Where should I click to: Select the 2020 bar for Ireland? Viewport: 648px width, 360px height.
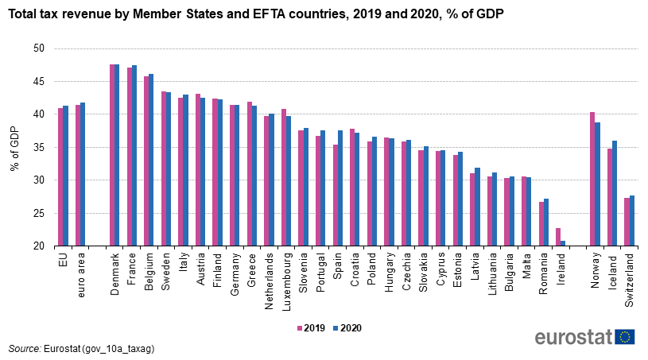563,243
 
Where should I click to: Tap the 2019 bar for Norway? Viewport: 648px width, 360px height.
592,179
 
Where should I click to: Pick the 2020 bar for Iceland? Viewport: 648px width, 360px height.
615,193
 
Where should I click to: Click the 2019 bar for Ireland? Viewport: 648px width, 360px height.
558,237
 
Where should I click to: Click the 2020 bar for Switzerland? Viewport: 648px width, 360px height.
632,221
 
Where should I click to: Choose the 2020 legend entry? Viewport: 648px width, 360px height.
348,327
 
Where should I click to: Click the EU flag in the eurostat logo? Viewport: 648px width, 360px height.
625,336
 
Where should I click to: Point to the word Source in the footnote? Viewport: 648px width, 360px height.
25,349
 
